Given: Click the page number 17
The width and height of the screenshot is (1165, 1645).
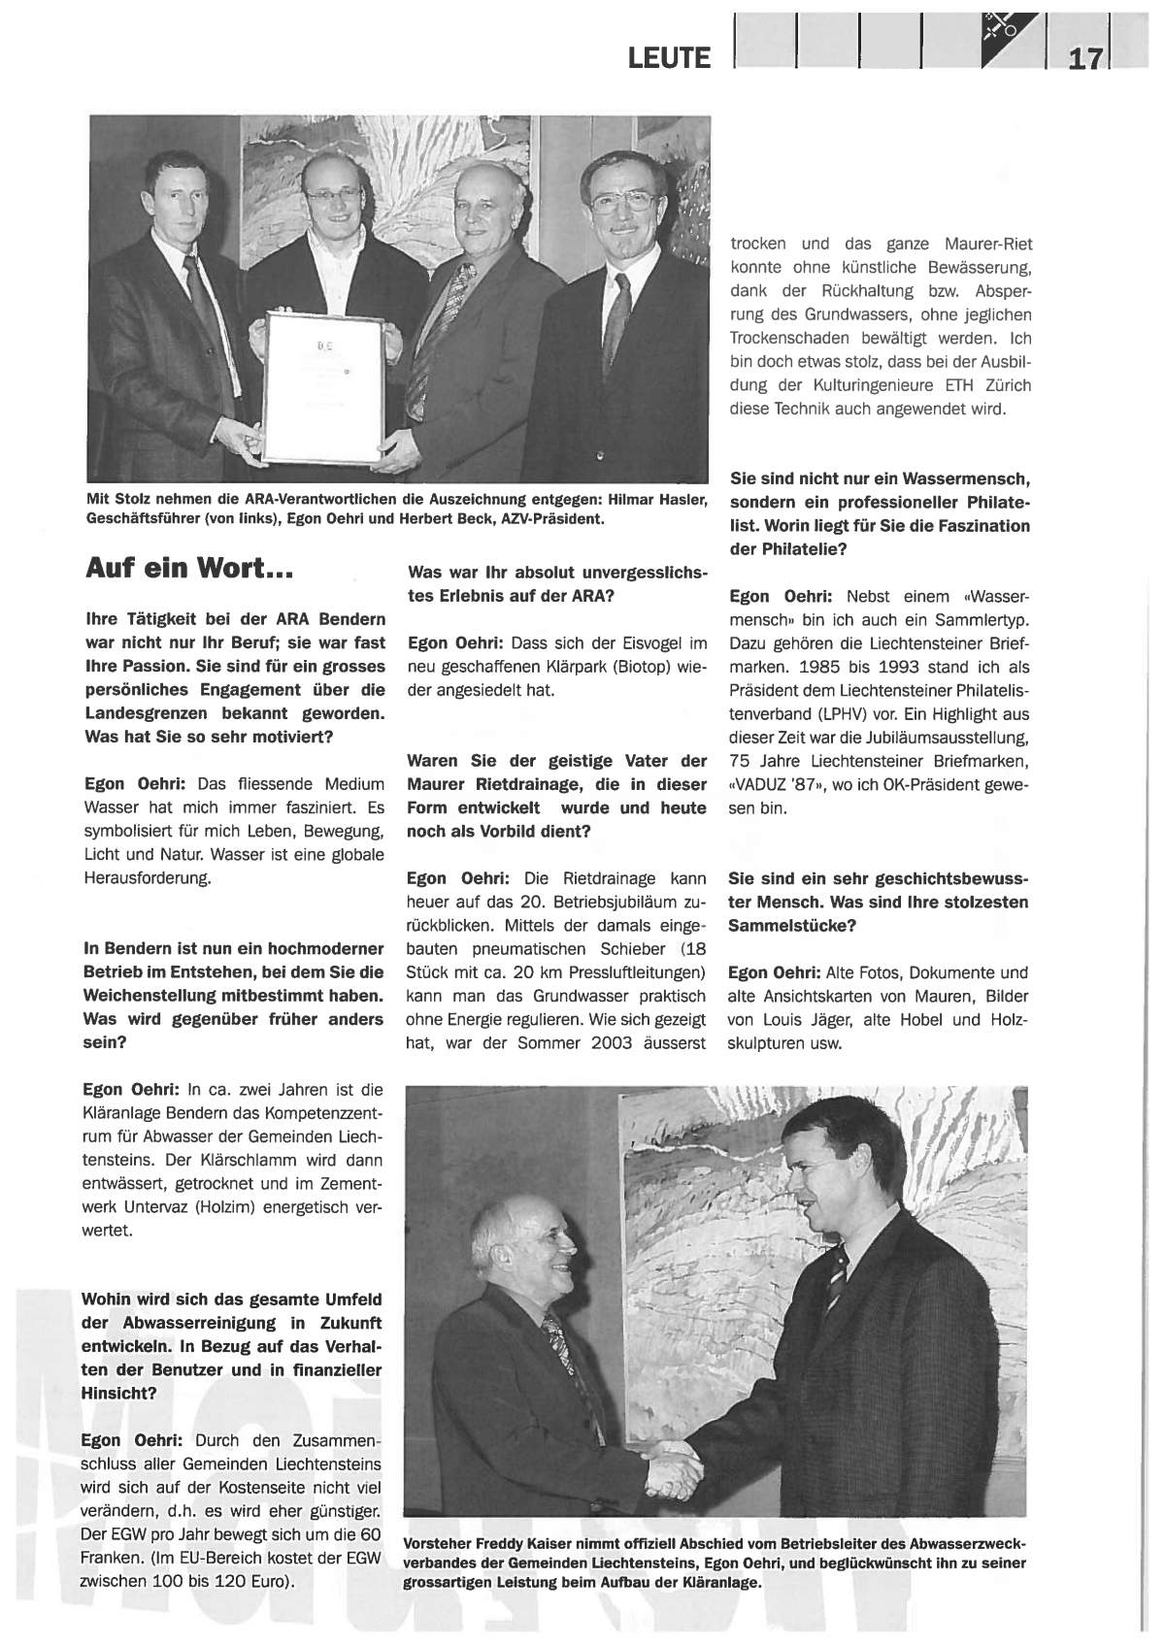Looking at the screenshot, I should pos(1085,58).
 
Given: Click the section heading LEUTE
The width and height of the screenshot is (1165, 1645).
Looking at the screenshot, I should pos(669,58).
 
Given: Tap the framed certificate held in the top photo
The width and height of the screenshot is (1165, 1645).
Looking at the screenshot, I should pos(322,384).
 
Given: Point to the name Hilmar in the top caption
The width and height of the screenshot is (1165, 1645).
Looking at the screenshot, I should pos(632,499).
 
